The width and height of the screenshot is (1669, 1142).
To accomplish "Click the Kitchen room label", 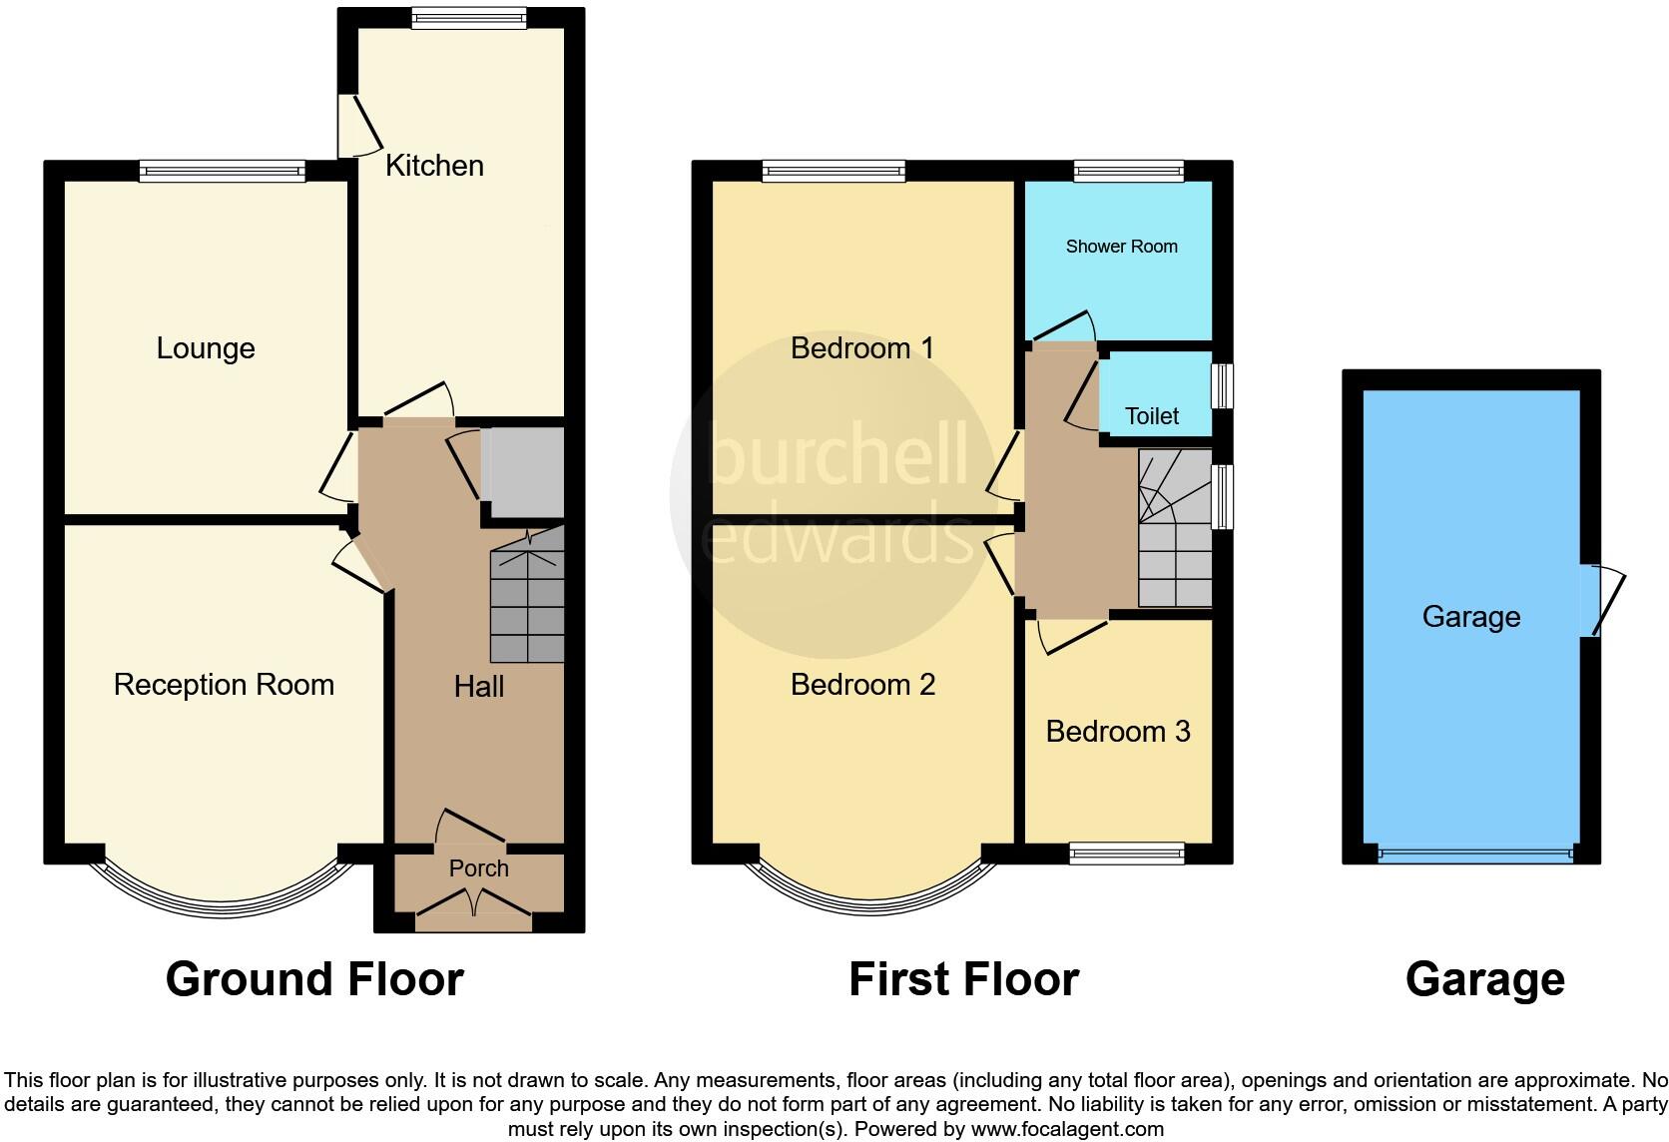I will pyautogui.click(x=434, y=166).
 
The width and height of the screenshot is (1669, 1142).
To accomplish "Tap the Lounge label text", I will pyautogui.click(x=206, y=348).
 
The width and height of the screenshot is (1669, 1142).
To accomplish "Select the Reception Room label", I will pyautogui.click(x=224, y=685).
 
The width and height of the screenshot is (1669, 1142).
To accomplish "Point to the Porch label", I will pyautogui.click(x=478, y=868).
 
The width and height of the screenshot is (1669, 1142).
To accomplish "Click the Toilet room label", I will pyautogui.click(x=1151, y=416).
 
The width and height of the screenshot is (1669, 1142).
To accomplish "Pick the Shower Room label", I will pyautogui.click(x=1121, y=247).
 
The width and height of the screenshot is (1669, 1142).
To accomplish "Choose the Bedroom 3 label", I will pyautogui.click(x=1117, y=732).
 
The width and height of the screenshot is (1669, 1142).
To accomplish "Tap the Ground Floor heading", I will pyautogui.click(x=314, y=979).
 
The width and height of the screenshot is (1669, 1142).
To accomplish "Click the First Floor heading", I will pyautogui.click(x=963, y=979).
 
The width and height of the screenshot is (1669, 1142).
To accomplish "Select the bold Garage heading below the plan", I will pyautogui.click(x=1484, y=979).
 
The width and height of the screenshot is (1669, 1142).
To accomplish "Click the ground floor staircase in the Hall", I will pyautogui.click(x=527, y=599).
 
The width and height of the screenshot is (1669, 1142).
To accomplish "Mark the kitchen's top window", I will pyautogui.click(x=467, y=18).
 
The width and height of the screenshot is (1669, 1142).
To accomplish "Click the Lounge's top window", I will pyautogui.click(x=222, y=172).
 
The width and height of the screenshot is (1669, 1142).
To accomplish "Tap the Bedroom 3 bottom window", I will pyautogui.click(x=1126, y=854).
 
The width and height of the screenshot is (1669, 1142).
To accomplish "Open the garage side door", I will pyautogui.click(x=1603, y=600).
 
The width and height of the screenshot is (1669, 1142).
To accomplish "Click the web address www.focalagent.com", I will pyautogui.click(x=1066, y=1130).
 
